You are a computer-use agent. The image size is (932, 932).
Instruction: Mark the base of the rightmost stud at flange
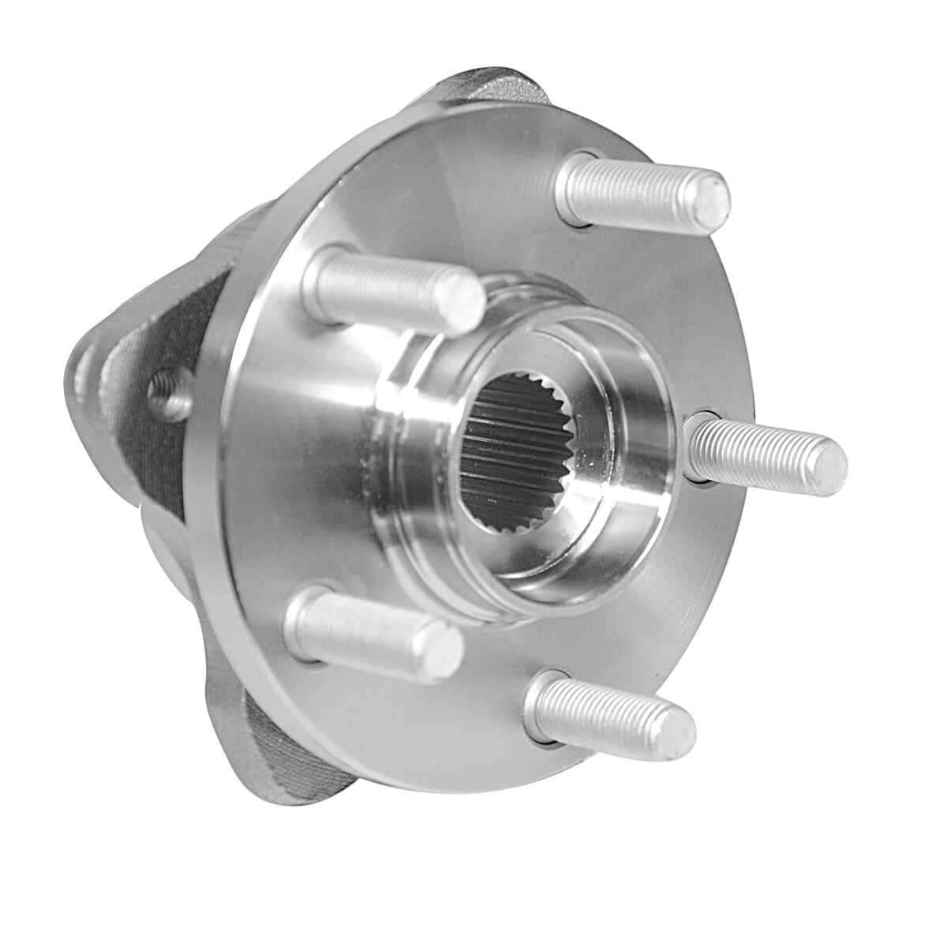pos(698,446)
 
